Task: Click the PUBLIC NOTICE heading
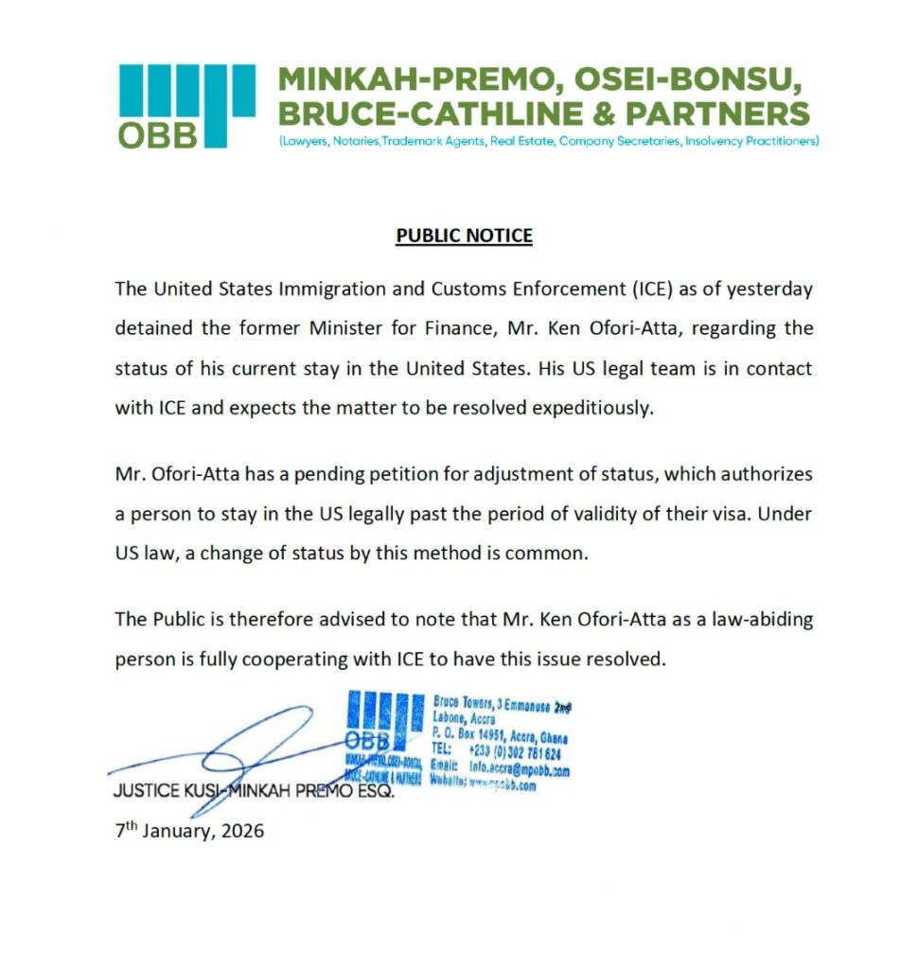(464, 236)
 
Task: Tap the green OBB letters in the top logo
(158, 135)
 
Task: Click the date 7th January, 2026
(189, 832)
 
